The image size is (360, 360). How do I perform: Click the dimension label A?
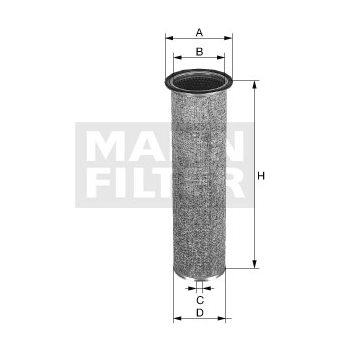click(199, 32)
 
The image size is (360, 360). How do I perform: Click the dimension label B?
click(199, 52)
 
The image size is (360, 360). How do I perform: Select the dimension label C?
click(200, 300)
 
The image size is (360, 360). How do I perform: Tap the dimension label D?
click(200, 313)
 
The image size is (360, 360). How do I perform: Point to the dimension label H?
click(261, 176)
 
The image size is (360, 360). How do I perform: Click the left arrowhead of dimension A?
click(169, 38)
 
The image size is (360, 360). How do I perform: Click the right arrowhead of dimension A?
click(228, 38)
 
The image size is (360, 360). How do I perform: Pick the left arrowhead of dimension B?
click(177, 57)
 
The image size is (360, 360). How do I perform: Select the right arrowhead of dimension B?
click(221, 57)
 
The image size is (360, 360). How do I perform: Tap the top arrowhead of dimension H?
click(255, 84)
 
